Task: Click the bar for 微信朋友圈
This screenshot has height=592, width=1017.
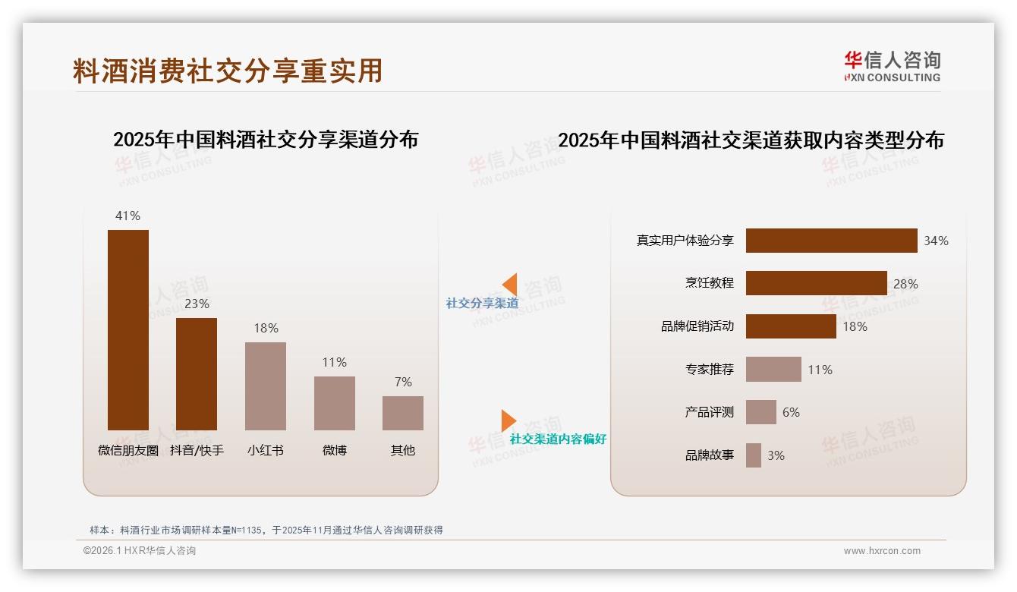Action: [x=128, y=329]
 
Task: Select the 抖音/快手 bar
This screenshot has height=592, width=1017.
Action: [x=197, y=373]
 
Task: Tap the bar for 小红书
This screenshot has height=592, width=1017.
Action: [x=266, y=386]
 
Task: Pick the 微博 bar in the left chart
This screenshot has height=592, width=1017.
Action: [x=335, y=403]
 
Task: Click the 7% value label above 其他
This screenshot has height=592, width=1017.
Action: [x=403, y=382]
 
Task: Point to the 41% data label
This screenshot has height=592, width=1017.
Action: [x=128, y=216]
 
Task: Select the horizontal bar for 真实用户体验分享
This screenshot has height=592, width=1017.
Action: [x=831, y=241]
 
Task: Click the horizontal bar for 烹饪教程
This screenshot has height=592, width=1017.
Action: [x=816, y=283]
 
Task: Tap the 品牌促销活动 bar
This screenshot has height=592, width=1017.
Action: [x=791, y=326]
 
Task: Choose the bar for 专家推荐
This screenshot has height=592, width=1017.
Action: [x=773, y=370]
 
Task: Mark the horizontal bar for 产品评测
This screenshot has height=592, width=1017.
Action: [x=761, y=412]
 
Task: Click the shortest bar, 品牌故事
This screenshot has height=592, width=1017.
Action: [x=754, y=455]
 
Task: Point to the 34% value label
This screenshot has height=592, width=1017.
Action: [x=936, y=241]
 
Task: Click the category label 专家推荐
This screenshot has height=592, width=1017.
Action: [x=709, y=370]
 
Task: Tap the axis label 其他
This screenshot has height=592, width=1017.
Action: [x=403, y=450]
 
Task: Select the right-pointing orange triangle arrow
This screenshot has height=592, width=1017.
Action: [x=508, y=420]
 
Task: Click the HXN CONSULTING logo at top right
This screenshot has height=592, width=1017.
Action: [x=892, y=67]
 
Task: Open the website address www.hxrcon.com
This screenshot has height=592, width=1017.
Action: [x=882, y=551]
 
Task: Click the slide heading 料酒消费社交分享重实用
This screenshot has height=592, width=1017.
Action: [x=228, y=71]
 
